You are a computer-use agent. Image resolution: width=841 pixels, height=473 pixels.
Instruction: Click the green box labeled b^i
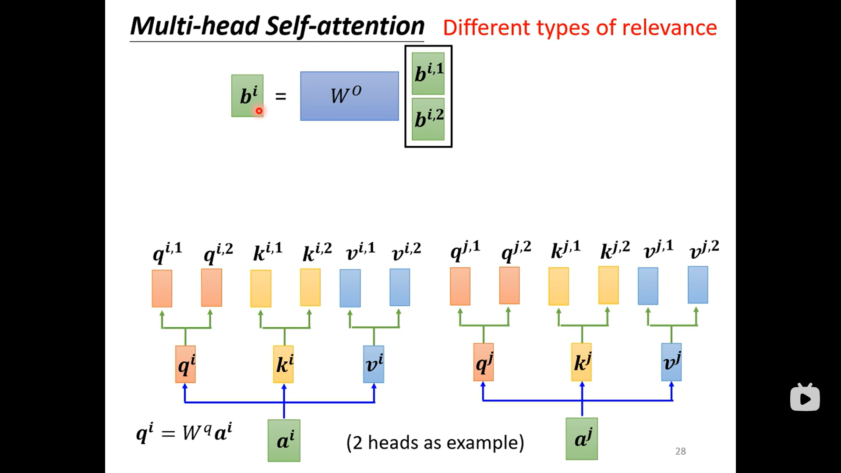(x=247, y=95)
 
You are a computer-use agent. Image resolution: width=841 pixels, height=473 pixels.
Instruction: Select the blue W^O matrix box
(x=349, y=96)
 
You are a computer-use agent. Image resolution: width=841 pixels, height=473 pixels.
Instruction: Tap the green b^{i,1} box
(x=428, y=74)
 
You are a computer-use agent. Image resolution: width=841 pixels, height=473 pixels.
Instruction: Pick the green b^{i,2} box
(x=428, y=119)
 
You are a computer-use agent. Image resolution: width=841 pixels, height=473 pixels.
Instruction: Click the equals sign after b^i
(x=281, y=96)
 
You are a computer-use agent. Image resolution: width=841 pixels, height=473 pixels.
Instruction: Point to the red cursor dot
(x=259, y=111)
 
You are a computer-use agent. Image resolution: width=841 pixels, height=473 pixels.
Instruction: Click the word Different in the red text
(x=487, y=28)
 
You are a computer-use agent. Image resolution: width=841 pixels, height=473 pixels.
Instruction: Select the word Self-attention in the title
(x=345, y=26)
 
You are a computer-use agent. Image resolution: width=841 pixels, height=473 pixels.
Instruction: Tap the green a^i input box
(x=284, y=440)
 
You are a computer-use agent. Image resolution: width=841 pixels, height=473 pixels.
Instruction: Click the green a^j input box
(x=581, y=438)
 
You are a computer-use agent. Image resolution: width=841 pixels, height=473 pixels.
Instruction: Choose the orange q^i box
(x=185, y=364)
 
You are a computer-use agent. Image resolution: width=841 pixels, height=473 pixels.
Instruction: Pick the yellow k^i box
(x=283, y=364)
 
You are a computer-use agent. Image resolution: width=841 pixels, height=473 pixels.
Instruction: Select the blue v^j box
(x=671, y=362)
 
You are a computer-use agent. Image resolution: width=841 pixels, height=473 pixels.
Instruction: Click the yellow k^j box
(x=581, y=362)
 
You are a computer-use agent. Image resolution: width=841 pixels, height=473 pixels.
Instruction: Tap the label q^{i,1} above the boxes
(x=167, y=252)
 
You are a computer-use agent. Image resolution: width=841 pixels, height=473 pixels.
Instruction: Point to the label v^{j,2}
(x=704, y=250)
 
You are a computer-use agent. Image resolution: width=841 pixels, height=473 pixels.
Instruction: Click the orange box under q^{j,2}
(x=509, y=285)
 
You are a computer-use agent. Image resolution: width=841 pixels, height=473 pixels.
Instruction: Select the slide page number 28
(x=680, y=451)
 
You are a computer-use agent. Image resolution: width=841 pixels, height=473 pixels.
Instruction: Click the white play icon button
(x=805, y=398)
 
